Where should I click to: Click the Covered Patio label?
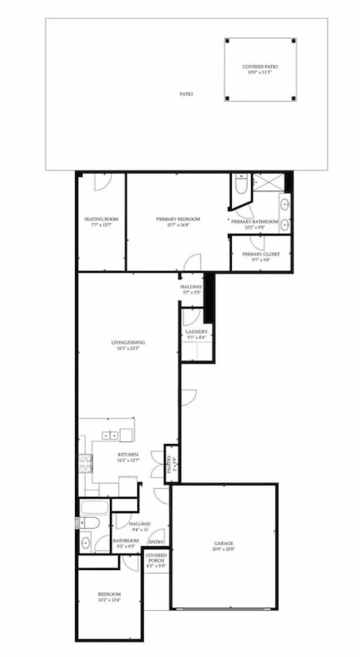(260, 67)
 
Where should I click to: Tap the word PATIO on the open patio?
(186, 94)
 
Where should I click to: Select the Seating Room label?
(101, 219)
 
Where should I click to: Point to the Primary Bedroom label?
(178, 219)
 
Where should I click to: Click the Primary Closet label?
(261, 254)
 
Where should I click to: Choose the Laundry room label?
(196, 332)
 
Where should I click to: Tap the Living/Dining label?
(128, 342)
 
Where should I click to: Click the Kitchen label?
(128, 454)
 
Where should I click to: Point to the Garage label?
(224, 543)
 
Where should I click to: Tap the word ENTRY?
(156, 542)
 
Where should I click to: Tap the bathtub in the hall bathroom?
(94, 508)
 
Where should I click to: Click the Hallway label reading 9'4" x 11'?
(140, 524)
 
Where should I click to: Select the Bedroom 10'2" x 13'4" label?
(109, 594)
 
